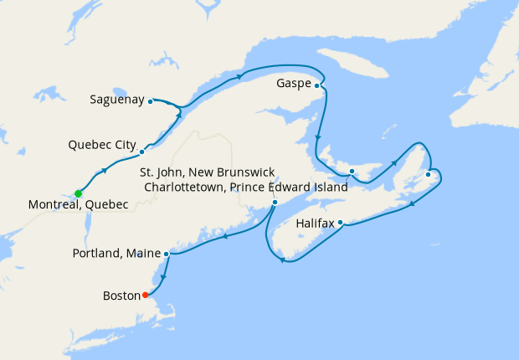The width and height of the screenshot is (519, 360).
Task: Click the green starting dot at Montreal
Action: pos(78,193)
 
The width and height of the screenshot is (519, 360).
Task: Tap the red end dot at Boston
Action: pos(145,295)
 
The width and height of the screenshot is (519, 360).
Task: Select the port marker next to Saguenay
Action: pos(150,101)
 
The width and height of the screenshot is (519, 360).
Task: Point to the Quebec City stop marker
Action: pos(141,152)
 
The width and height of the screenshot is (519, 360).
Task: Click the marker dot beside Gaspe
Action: pos(316,85)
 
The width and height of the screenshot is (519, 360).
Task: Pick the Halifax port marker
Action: pos(341,223)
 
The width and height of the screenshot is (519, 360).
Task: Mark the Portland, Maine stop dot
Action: pos(167,253)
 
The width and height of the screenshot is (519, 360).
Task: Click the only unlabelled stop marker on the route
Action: pos(428,174)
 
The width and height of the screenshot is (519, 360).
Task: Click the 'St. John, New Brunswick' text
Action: pos(207,172)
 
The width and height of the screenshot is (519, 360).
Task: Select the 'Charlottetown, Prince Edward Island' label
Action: pos(245,188)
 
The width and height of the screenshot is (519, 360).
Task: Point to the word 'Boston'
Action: pos(121,296)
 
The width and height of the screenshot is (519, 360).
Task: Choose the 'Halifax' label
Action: pos(316,224)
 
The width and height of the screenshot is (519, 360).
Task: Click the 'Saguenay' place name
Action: pos(116,100)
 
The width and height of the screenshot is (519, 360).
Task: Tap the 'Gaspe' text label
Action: pos(294,84)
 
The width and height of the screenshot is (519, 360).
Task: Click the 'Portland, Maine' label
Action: pos(117,253)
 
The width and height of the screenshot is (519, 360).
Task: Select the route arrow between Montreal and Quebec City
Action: pos(105,171)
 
